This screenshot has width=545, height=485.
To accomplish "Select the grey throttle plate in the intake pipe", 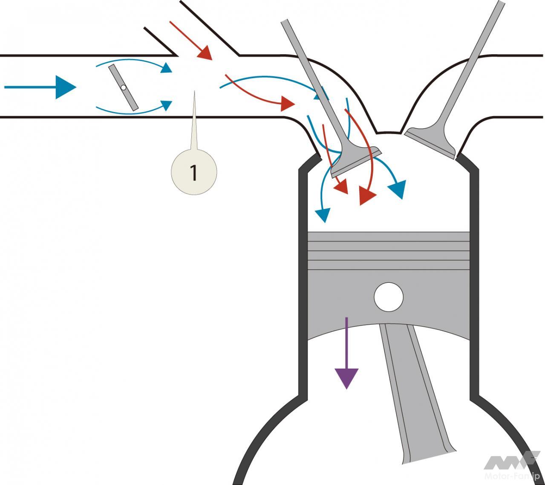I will (124, 87).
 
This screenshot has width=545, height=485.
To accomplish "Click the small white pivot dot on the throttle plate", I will (123, 87).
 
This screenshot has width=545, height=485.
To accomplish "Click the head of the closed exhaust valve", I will (430, 141).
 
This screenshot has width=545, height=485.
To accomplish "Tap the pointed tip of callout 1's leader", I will (194, 92).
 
